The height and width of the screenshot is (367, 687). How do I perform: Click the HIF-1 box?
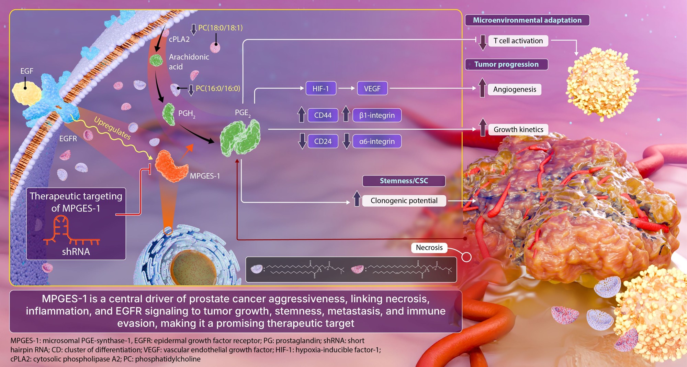(320, 88)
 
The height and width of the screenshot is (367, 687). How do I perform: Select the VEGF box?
(372, 88)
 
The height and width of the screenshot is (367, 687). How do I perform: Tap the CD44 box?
(323, 115)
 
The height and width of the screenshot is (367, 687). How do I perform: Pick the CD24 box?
(323, 141)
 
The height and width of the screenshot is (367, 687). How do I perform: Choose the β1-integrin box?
(377, 115)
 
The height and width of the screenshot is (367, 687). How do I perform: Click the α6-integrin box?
(377, 141)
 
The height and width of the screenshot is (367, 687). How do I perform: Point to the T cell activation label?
(518, 41)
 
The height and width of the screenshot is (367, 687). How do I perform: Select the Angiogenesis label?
(515, 89)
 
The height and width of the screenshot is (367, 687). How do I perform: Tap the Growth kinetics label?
(518, 130)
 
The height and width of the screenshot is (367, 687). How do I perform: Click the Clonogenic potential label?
(404, 201)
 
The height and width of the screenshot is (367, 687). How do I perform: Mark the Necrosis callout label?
(429, 248)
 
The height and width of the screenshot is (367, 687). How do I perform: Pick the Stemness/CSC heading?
(404, 181)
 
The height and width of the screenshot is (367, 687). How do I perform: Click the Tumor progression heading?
(506, 64)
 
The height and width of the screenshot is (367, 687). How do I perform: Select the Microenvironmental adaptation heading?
(527, 20)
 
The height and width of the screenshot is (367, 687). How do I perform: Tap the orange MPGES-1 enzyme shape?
(171, 166)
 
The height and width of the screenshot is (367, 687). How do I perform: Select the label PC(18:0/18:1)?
(220, 28)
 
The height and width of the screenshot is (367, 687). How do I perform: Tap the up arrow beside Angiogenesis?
(482, 87)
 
